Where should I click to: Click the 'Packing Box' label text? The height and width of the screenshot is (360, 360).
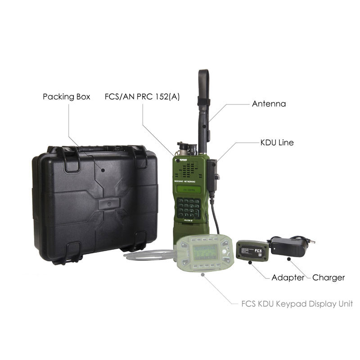[x=67, y=97]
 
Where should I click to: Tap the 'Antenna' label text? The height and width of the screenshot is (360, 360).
[x=269, y=103]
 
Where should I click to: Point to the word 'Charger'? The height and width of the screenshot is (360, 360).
[x=328, y=278]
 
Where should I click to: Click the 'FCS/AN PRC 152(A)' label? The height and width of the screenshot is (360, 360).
[x=142, y=97]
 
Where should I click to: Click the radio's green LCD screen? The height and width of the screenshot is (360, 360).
[x=188, y=190]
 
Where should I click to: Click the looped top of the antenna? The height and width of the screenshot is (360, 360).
[x=204, y=76]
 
